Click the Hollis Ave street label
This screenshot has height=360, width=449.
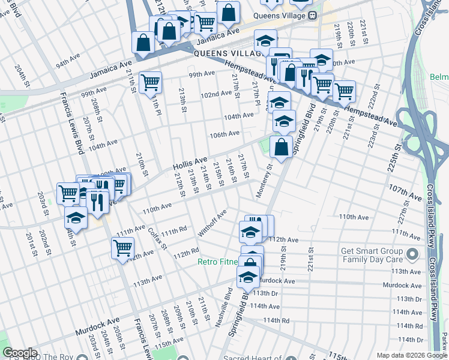pos(190,163)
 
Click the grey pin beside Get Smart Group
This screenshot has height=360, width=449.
pos(412,255)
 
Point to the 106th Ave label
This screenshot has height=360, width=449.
pos(224,134)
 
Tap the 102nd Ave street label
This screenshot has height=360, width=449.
pos(216,94)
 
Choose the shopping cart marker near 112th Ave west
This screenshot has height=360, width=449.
pos(122,247)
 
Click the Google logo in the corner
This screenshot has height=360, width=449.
pos(20,353)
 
